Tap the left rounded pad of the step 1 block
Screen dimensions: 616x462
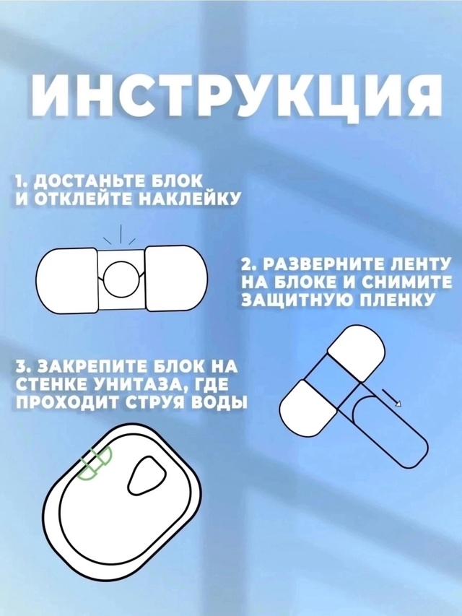66,280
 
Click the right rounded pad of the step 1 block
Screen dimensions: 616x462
177,280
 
